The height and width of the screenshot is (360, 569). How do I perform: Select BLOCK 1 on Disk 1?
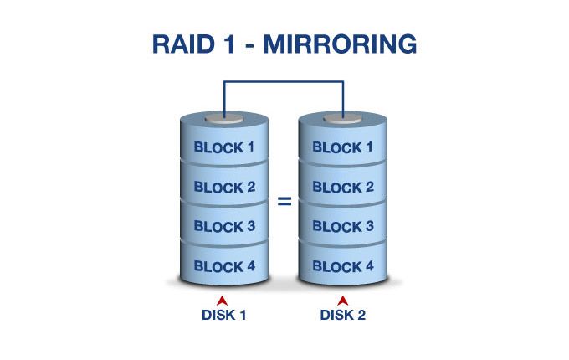coord(224,147)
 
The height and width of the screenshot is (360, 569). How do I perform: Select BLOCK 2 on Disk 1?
coord(224,187)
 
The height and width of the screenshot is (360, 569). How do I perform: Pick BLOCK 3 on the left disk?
coord(224,227)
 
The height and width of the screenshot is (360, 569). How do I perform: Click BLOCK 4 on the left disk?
coord(224,267)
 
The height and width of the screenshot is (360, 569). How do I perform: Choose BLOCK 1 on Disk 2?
coord(343,147)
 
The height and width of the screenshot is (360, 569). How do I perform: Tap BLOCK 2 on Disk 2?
coord(343,187)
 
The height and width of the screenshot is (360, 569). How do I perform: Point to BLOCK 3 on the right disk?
coord(343,227)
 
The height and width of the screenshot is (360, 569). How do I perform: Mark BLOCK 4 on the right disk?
coord(343,267)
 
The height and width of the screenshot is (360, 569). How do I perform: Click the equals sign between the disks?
coord(284,202)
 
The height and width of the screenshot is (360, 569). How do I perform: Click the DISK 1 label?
coord(224,316)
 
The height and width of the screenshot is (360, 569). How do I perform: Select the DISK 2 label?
coord(343,316)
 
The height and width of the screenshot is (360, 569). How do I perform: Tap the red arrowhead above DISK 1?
coord(222,299)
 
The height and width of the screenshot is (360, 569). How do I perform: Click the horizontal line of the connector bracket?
coord(284,81)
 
